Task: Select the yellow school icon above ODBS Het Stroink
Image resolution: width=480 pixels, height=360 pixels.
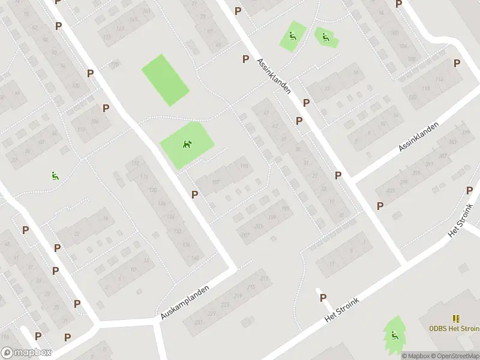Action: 455,318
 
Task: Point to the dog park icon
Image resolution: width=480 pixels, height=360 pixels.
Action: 187,144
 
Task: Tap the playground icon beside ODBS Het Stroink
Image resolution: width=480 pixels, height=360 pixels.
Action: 395,335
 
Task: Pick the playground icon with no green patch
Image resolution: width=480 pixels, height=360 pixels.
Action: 55,176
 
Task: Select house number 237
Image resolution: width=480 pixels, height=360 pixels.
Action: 199,322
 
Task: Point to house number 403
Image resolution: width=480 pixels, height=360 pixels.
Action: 391,191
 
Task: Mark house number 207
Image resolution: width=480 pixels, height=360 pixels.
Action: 245,233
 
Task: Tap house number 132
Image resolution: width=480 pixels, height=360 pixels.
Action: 178,231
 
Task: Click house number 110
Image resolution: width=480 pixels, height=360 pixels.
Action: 81,130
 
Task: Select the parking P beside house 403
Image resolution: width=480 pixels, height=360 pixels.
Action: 380,206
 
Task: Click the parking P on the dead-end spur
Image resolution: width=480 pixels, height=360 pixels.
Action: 323,298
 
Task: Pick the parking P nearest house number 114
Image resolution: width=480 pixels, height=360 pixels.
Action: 457,63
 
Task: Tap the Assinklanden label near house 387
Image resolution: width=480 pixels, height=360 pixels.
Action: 418,137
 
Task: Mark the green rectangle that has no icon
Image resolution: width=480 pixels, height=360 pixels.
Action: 165,80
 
